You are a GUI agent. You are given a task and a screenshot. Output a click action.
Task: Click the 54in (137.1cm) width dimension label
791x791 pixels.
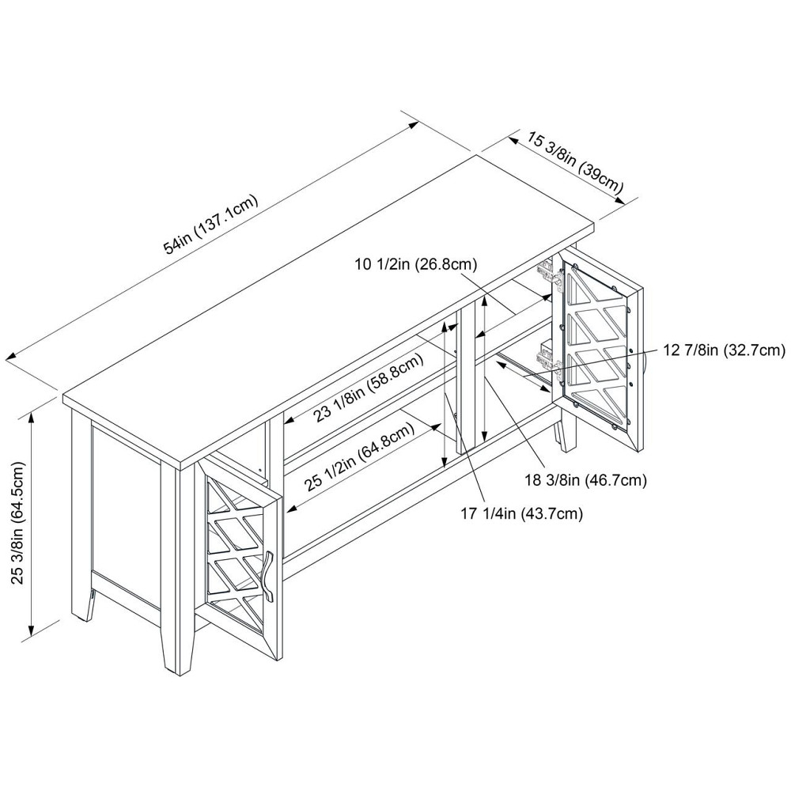211,224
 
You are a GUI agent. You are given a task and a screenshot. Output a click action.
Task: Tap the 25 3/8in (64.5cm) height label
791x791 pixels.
19,522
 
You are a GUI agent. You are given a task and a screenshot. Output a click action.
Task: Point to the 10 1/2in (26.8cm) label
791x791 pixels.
416,263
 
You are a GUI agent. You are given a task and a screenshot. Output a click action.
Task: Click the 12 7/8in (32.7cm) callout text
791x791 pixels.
724,350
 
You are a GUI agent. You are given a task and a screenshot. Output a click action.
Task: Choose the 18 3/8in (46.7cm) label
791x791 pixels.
585,480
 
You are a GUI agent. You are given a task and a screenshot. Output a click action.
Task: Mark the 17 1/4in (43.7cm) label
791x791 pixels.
521,514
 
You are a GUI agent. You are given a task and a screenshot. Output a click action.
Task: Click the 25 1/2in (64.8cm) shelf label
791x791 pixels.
359,457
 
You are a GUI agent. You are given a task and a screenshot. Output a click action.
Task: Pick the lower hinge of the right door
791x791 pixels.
548,358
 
